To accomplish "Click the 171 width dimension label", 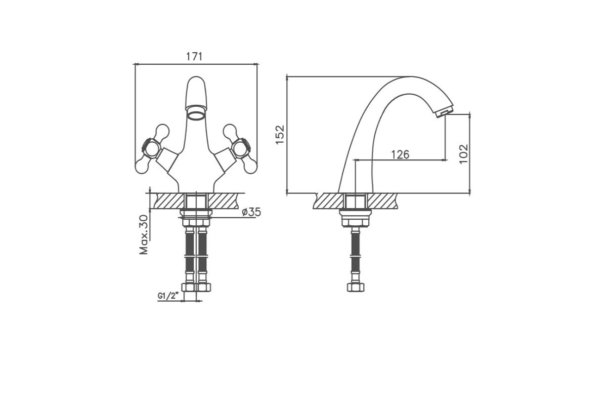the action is [194, 56].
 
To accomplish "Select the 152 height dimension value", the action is [280, 135].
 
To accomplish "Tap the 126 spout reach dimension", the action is [400, 154].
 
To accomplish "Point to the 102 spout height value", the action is [464, 154].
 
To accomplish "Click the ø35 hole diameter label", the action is [251, 212].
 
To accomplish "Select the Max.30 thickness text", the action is [144, 234].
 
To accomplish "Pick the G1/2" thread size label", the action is [168, 296].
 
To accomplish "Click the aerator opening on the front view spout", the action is [196, 114].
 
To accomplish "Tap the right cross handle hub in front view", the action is [242, 148].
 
